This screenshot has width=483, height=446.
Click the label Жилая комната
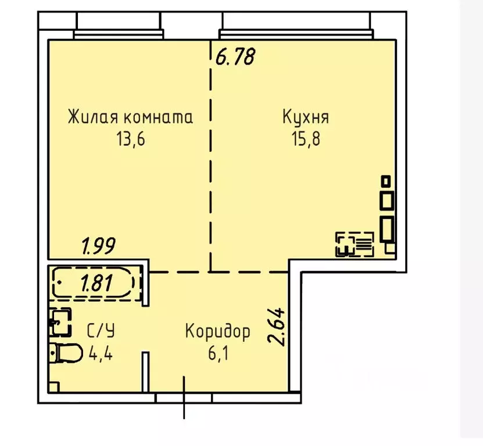click(130, 117)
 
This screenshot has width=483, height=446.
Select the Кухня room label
click(306, 117)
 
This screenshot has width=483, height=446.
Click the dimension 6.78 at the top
click(235, 57)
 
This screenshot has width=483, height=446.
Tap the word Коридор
click(218, 332)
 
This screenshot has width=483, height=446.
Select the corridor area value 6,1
click(218, 353)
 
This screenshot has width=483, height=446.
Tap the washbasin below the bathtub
click(60, 322)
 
